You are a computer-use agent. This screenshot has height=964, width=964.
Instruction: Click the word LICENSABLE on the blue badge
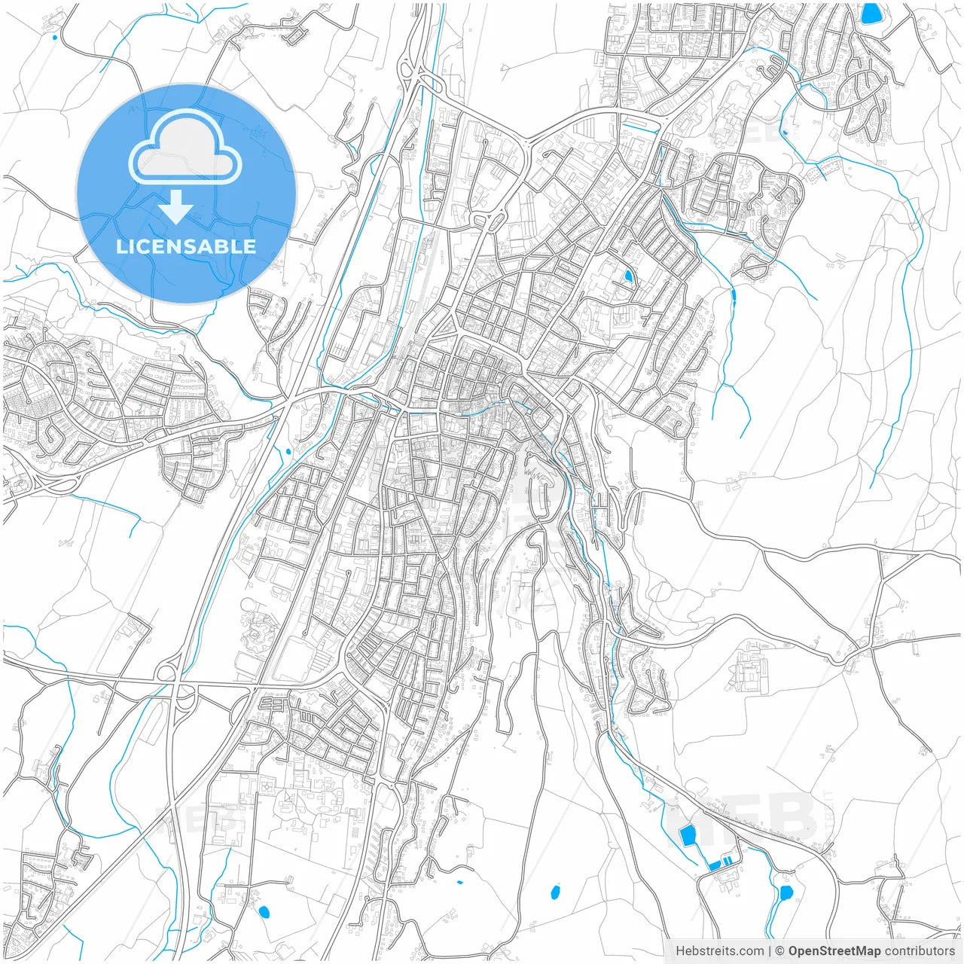click(186, 247)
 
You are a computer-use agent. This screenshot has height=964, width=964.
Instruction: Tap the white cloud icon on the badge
click(185, 148)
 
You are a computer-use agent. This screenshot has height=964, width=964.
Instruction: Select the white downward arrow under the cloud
click(176, 207)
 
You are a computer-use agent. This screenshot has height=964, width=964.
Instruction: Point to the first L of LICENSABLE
click(121, 247)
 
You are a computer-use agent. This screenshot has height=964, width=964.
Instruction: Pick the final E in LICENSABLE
click(249, 247)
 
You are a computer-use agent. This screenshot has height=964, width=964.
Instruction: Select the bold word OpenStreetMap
click(834, 951)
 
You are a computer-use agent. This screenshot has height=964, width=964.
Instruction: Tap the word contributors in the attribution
click(920, 951)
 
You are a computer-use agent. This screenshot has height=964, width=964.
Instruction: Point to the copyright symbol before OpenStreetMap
click(780, 951)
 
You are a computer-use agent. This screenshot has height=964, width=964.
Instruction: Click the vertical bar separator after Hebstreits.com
click(769, 951)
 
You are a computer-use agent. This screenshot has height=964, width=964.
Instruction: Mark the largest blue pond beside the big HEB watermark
click(687, 834)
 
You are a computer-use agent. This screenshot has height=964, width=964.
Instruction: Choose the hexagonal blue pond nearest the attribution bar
click(786, 893)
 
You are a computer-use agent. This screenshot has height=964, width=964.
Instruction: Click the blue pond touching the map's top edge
click(871, 13)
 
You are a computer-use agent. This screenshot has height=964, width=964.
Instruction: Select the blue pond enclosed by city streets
click(628, 276)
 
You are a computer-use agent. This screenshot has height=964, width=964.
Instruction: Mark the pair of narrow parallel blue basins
click(721, 863)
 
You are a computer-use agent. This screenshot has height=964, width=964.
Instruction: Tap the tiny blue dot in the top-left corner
click(55, 36)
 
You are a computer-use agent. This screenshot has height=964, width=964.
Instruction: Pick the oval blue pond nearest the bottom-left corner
click(264, 912)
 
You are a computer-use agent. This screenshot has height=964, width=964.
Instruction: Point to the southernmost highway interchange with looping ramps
click(175, 684)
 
